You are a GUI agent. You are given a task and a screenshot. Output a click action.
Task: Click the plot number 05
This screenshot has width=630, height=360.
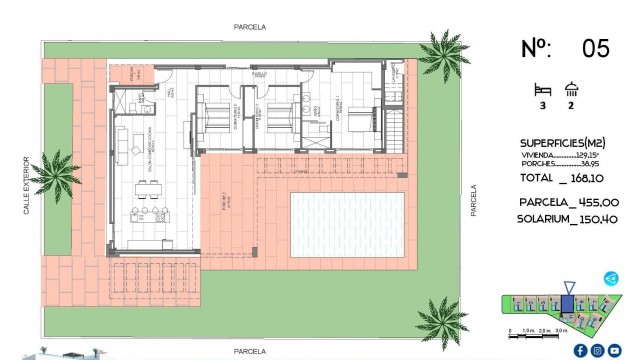(595, 47)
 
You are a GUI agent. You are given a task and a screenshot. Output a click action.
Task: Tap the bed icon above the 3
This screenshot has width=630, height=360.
(544, 88)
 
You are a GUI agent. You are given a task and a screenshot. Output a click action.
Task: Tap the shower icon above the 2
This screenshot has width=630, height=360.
(570, 88)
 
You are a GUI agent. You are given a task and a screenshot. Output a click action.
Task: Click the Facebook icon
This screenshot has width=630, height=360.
(579, 350)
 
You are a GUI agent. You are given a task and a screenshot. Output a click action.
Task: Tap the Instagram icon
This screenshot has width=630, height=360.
(597, 350)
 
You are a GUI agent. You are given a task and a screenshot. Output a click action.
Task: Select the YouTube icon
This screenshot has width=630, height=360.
(614, 350)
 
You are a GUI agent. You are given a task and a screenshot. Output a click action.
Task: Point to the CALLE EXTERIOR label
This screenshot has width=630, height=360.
(29, 184)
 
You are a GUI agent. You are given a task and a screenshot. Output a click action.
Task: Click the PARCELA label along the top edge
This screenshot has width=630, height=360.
(251, 30)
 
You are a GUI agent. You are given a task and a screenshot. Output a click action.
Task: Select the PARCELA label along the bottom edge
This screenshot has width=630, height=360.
(250, 352)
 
